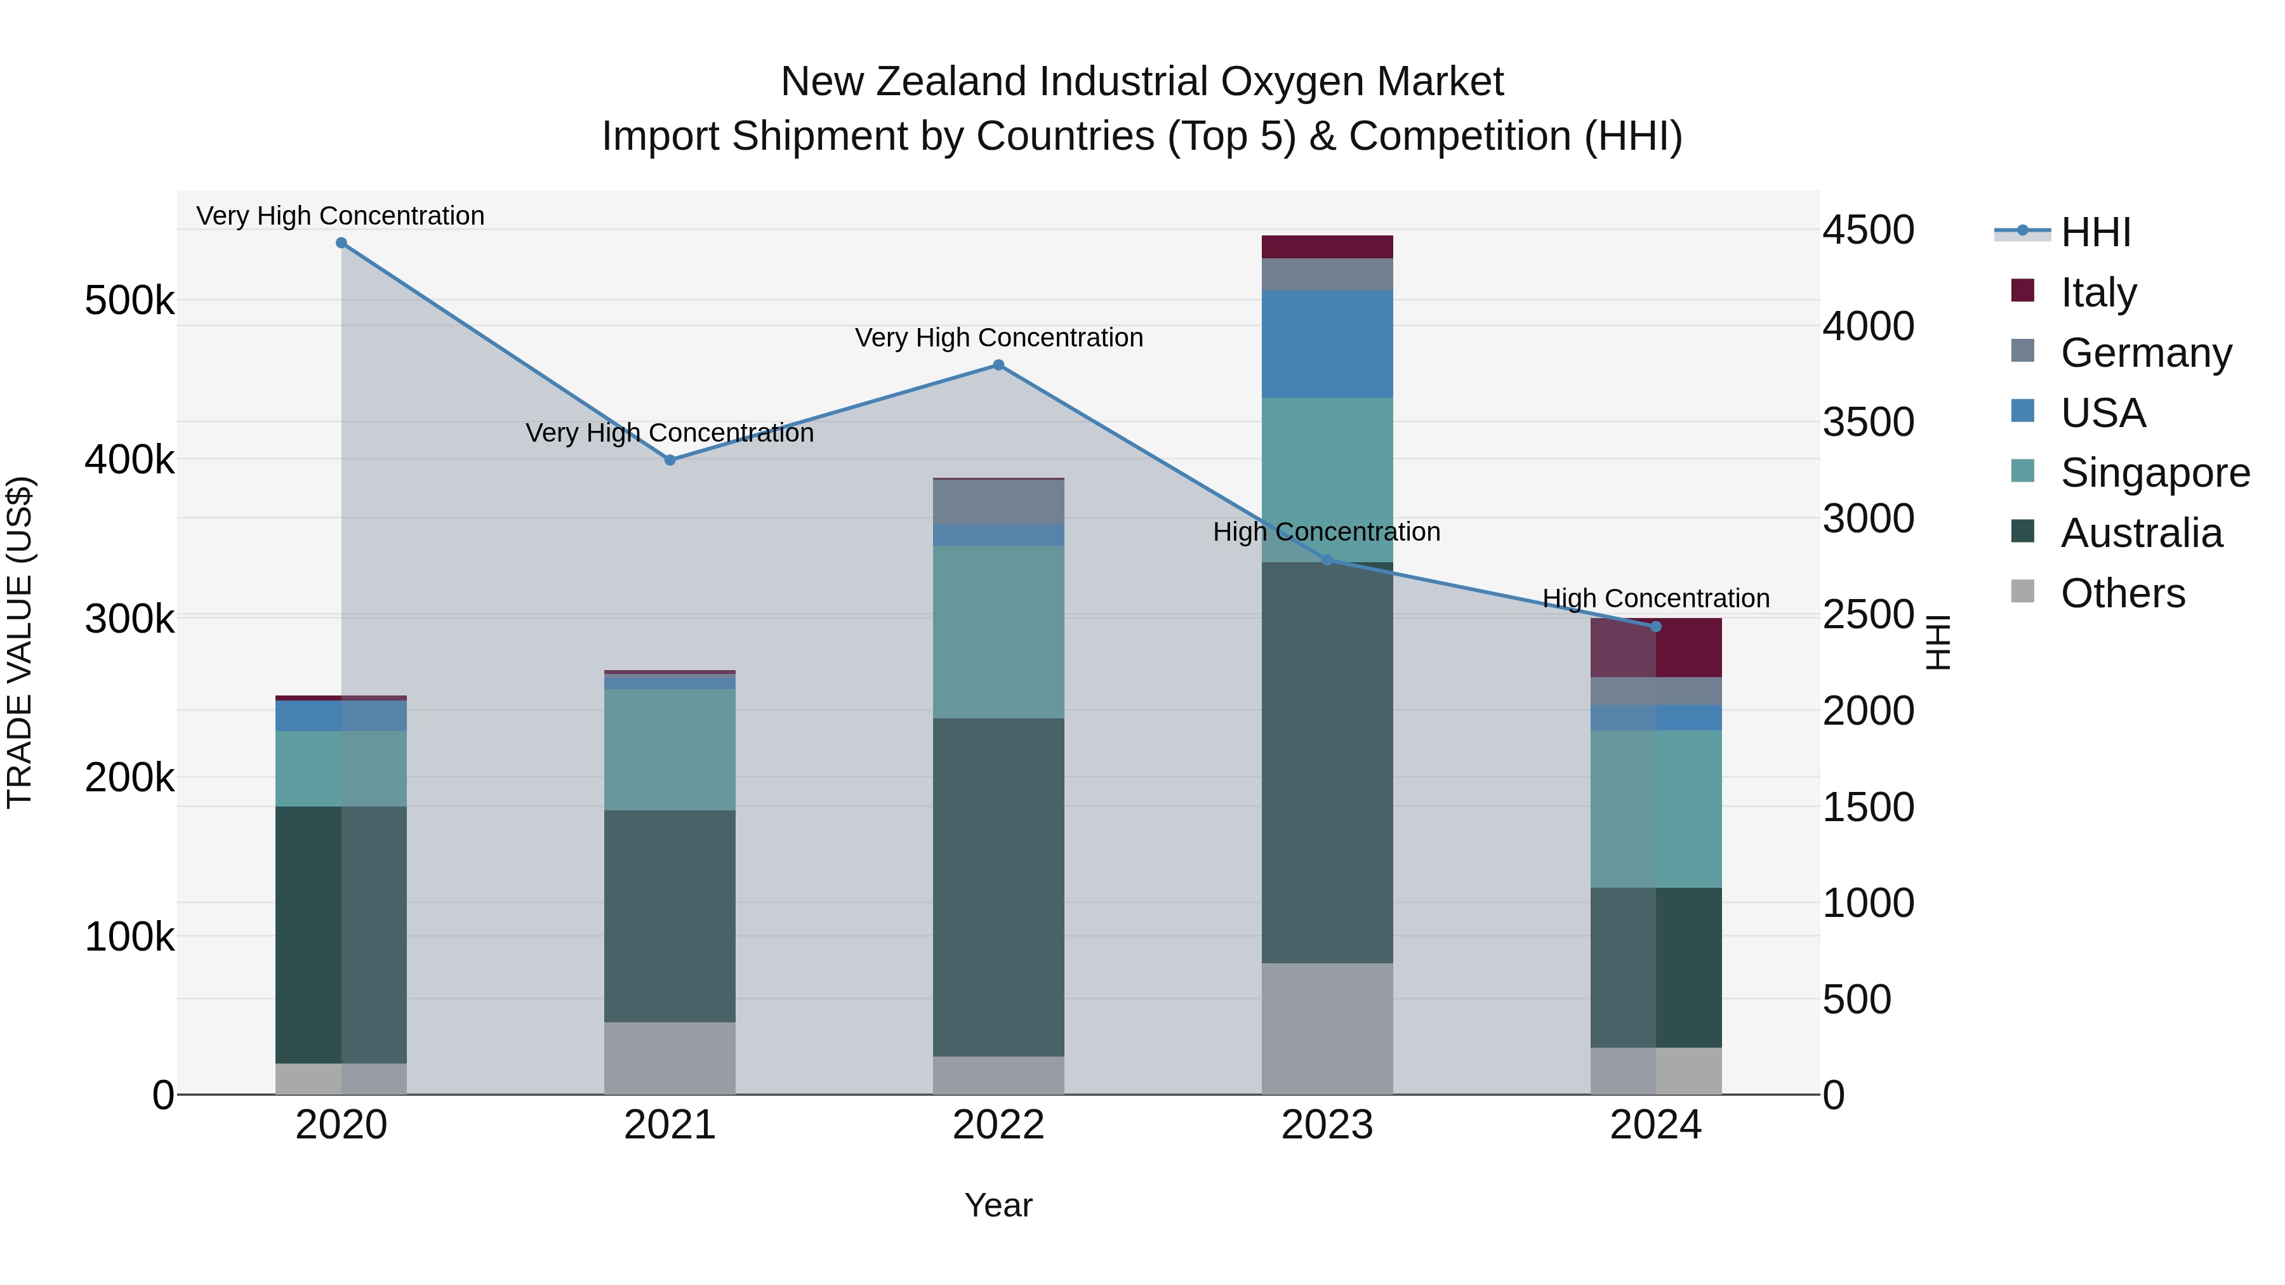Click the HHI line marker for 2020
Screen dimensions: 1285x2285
click(341, 243)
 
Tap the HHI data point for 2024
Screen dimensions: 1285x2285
click(1655, 627)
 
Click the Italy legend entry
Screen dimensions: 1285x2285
click(2098, 292)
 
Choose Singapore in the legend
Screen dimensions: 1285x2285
click(2154, 473)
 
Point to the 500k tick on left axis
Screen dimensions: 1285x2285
click(129, 301)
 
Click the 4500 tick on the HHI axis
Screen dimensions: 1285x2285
click(1868, 230)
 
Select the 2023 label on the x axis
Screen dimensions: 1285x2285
click(1327, 1125)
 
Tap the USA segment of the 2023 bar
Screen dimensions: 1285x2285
click(1327, 344)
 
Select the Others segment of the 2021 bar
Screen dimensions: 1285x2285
click(670, 1058)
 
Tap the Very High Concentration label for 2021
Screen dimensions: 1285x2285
click(670, 433)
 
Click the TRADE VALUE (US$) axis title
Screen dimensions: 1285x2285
click(20, 642)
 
